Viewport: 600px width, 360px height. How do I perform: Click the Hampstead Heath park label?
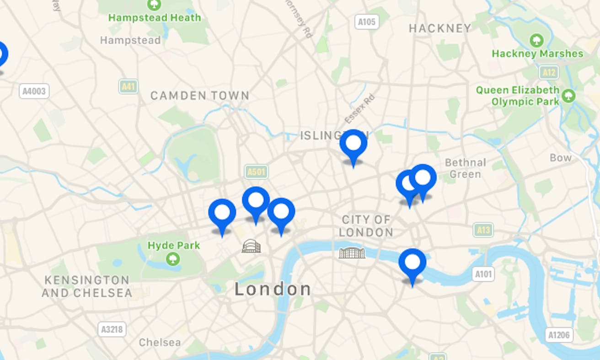pos(155,18)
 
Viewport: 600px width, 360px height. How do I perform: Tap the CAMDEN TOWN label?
pos(200,96)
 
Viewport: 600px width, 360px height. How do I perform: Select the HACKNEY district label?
pos(440,28)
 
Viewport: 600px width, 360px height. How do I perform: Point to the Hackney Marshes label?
pos(537,54)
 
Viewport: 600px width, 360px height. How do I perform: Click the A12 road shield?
pos(549,72)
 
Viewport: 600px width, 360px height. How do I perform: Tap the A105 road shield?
pos(367,21)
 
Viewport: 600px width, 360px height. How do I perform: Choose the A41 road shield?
pos(128,86)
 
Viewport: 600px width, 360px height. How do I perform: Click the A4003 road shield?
pos(34,91)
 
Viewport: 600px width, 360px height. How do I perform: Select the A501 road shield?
pos(256,172)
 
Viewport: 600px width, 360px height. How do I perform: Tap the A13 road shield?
pos(483,230)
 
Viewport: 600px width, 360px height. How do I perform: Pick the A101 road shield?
pos(483,274)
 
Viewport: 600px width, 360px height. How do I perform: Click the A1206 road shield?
pos(559,335)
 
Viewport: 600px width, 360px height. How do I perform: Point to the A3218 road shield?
pos(112,329)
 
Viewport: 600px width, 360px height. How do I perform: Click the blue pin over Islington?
pos(353,144)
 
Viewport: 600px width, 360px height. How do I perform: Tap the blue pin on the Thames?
pos(412,263)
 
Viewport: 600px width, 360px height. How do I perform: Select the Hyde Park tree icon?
pos(173,258)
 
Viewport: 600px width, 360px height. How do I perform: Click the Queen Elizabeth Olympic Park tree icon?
pos(568,96)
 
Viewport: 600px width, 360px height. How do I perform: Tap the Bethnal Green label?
pos(465,168)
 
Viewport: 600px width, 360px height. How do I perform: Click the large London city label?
pos(273,289)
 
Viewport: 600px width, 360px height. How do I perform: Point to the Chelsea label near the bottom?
pos(160,342)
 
